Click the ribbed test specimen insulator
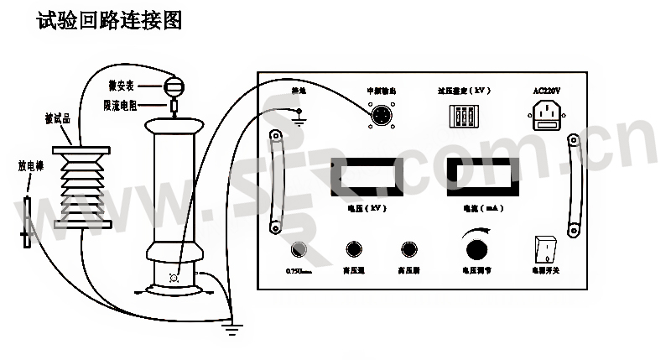pyautogui.click(x=82, y=186)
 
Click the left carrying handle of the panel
pyautogui.click(x=273, y=180)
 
